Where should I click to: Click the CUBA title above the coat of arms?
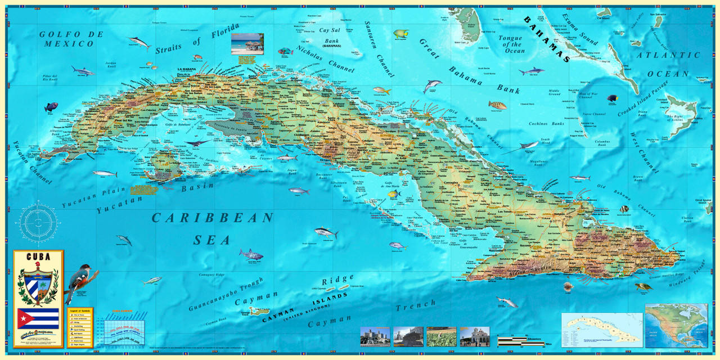click(x=38, y=257)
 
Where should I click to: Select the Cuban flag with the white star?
click(x=38, y=318)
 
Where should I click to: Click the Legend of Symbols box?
click(x=79, y=326)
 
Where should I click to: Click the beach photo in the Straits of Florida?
click(x=247, y=44)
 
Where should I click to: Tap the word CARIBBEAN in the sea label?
click(x=213, y=218)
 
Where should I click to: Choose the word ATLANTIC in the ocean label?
click(x=668, y=56)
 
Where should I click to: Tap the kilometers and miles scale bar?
click(x=520, y=340)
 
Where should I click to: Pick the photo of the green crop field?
click(x=441, y=336)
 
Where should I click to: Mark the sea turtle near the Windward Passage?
click(x=643, y=286)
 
